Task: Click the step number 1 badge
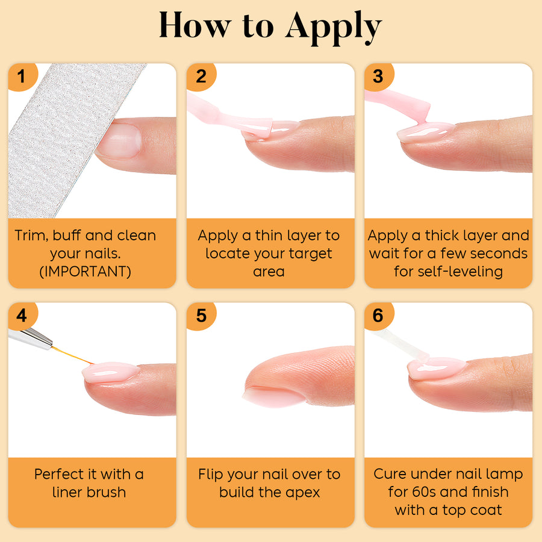click(x=22, y=76)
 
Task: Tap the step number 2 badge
click(x=201, y=76)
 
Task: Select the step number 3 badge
click(x=379, y=76)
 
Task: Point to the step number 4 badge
click(x=22, y=316)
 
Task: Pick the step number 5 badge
click(x=201, y=316)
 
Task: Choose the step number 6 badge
click(x=379, y=316)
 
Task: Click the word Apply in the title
click(x=334, y=28)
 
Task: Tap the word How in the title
click(x=195, y=25)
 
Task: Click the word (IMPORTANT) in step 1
click(x=86, y=272)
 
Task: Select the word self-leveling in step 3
click(x=460, y=272)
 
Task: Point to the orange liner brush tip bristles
click(x=72, y=355)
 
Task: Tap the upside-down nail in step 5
click(x=273, y=396)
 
